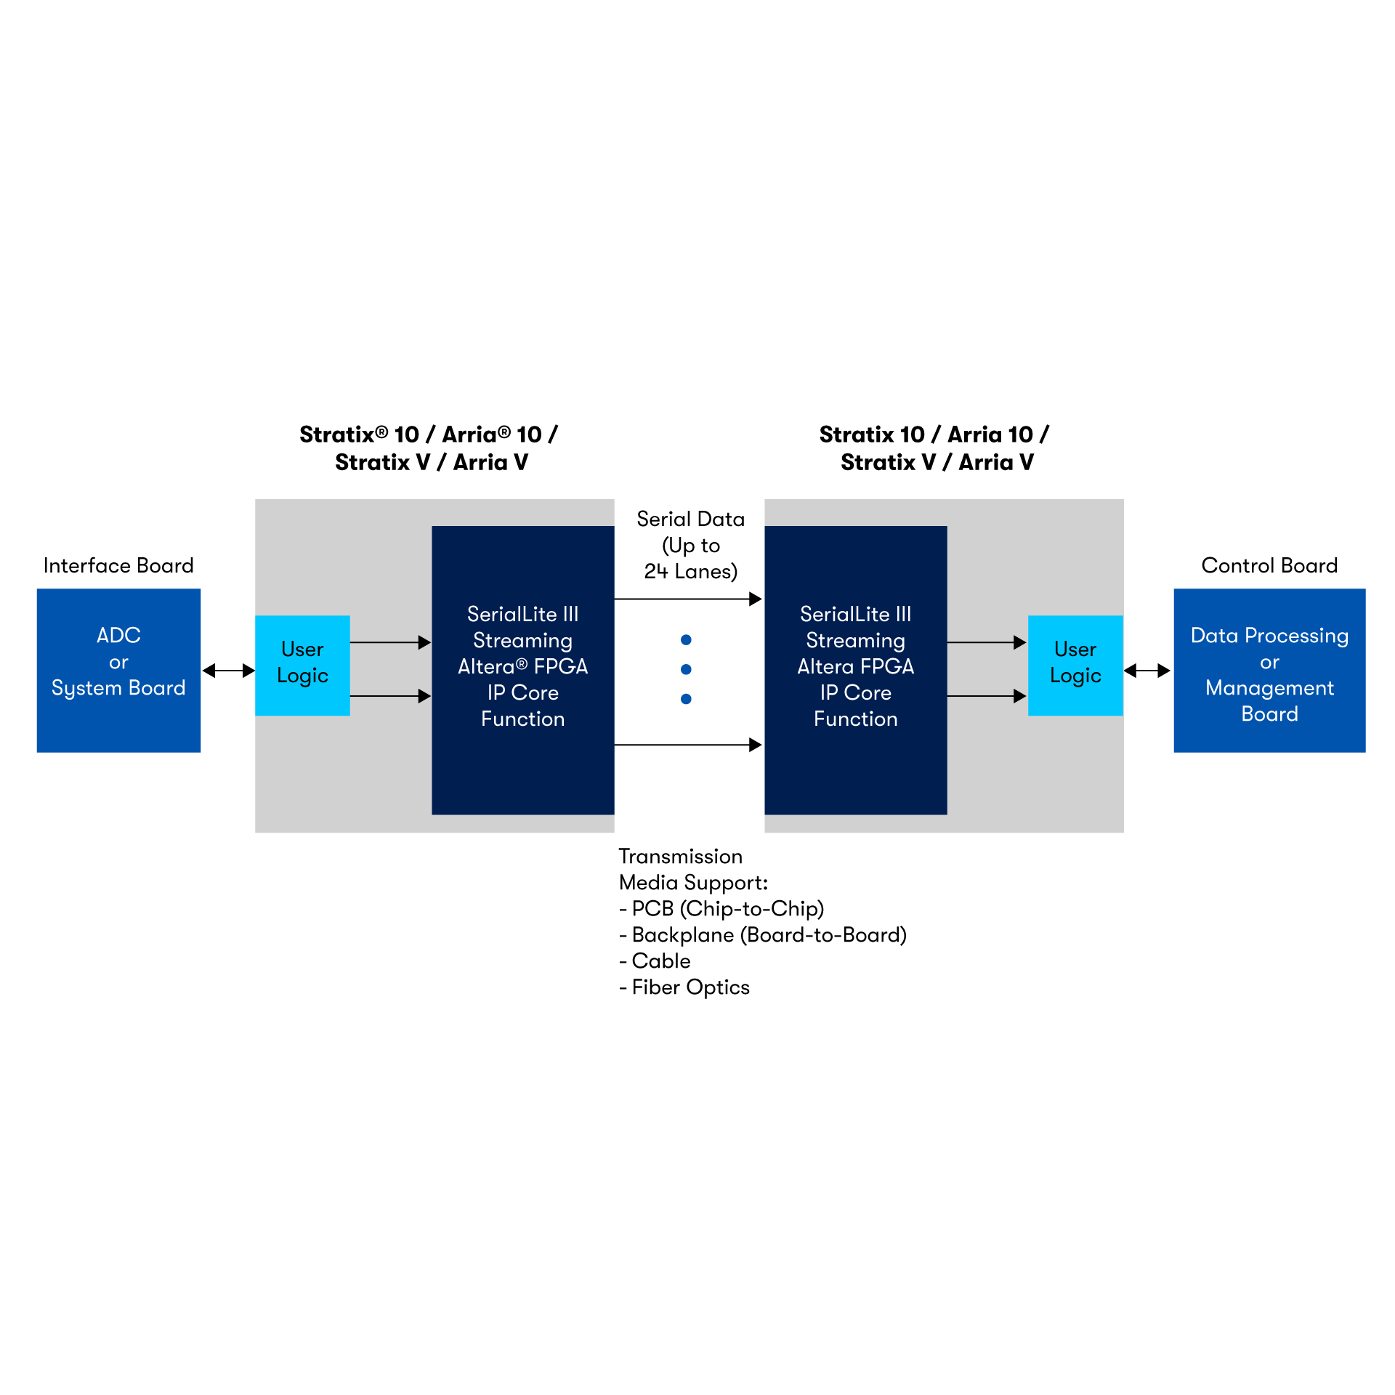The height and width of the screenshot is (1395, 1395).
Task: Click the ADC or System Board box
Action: [x=118, y=670]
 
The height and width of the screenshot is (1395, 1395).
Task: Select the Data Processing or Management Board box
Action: [x=1269, y=670]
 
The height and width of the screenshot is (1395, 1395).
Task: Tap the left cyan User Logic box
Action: [x=302, y=665]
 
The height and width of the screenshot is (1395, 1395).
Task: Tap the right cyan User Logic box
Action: [x=1075, y=665]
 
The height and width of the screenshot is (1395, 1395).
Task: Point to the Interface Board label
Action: [x=118, y=565]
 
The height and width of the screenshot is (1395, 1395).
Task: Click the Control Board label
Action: [x=1269, y=565]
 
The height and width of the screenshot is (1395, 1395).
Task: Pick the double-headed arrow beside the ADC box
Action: [x=228, y=671]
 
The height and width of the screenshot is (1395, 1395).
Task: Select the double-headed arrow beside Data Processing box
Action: [x=1147, y=671]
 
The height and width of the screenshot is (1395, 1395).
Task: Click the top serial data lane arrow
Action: [x=687, y=599]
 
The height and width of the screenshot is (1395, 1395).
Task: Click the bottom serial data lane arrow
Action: [x=687, y=745]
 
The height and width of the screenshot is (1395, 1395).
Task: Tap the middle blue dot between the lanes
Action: [x=686, y=669]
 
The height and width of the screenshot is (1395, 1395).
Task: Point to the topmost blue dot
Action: [x=686, y=639]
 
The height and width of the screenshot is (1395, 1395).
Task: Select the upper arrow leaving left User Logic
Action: [x=390, y=642]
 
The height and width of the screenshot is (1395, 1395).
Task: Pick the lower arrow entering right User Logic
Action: [x=987, y=696]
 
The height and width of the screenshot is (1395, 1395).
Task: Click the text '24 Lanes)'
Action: [x=690, y=572]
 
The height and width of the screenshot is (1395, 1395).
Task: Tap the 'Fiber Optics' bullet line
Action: [x=684, y=987]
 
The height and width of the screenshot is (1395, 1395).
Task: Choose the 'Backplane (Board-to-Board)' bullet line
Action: [x=763, y=934]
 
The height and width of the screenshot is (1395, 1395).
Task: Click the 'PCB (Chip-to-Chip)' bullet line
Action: [x=721, y=908]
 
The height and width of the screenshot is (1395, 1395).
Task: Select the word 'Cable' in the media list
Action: [x=661, y=961]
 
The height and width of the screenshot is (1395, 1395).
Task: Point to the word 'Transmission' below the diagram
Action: [x=680, y=856]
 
